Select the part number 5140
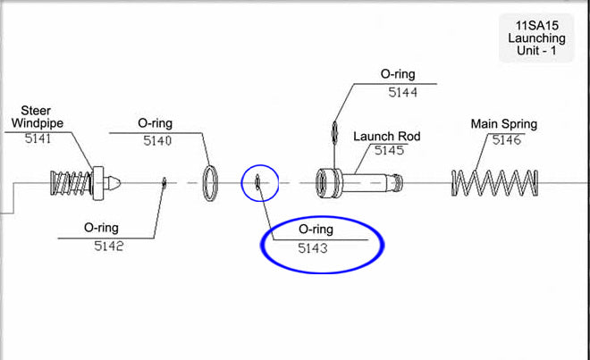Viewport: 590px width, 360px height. [156, 140]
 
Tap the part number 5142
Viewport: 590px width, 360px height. [109, 247]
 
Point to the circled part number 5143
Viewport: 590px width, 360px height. [313, 247]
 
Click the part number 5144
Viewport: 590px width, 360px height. [403, 91]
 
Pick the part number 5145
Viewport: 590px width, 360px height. [389, 151]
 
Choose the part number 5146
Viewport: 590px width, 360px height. [506, 140]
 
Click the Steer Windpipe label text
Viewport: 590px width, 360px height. [31, 116]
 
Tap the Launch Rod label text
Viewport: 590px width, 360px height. [386, 137]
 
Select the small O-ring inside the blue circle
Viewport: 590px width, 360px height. [257, 183]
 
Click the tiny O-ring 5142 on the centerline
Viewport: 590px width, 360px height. [165, 183]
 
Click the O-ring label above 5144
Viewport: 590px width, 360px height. [399, 74]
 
